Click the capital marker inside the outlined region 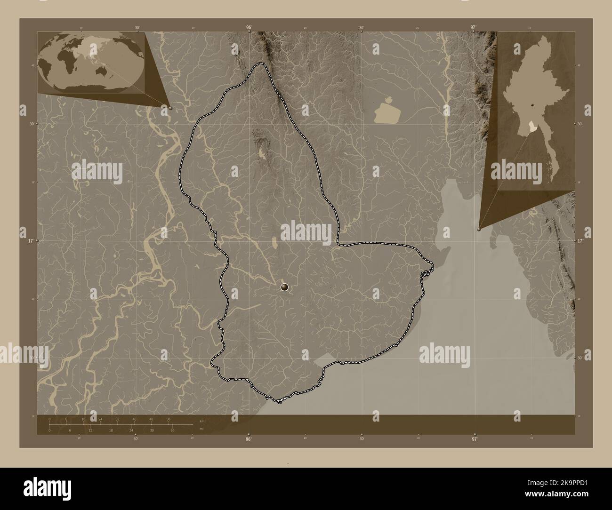(284, 287)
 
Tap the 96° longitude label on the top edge (249, 28)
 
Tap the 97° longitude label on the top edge (474, 28)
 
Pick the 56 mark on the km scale (168, 419)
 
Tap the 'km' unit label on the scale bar (202, 421)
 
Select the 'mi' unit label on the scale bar (201, 429)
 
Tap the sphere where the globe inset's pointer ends (170, 108)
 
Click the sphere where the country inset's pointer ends (479, 229)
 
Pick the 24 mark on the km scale (100, 419)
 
